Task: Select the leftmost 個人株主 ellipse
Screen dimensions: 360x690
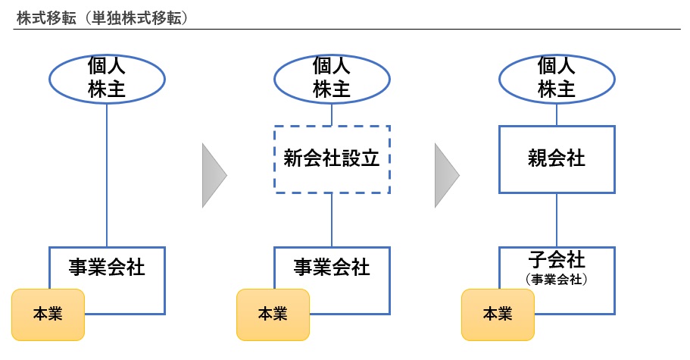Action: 107,78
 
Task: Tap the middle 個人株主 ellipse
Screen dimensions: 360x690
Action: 332,78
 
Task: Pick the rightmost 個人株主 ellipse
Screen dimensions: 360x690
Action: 557,78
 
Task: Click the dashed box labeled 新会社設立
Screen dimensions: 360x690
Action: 332,159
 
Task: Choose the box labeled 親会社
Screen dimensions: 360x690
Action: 557,159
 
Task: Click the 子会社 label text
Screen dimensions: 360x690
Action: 557,260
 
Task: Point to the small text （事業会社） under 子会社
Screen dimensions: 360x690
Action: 557,279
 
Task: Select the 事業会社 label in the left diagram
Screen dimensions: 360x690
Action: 107,267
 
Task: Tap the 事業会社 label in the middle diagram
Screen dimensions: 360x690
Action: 332,267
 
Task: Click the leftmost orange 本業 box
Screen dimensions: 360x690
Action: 48,314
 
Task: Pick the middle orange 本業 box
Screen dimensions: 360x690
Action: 273,314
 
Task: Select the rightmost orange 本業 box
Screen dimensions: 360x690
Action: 498,314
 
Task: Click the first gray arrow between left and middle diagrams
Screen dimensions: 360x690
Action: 214,176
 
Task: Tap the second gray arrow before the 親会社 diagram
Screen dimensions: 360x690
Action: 446,176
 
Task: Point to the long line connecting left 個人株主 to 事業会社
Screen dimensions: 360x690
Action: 107,174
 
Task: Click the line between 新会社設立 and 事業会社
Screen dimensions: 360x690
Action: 332,220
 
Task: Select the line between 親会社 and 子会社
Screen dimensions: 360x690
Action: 557,220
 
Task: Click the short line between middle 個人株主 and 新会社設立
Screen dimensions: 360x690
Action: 332,114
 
